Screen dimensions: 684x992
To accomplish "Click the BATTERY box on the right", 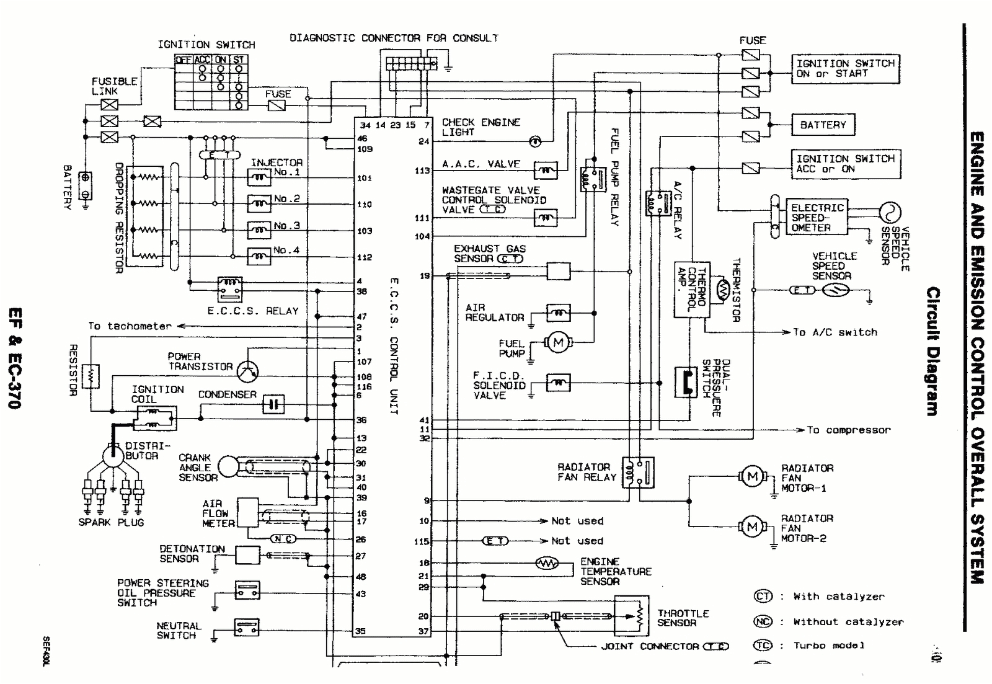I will pyautogui.click(x=823, y=125).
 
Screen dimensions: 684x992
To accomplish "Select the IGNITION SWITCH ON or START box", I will pyautogui.click(x=845, y=68).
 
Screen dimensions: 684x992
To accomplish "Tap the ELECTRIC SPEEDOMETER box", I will pyautogui.click(x=817, y=217).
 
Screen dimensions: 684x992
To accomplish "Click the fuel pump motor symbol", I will pyautogui.click(x=558, y=342).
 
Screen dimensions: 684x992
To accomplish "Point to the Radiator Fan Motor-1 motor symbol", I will pyautogui.click(x=753, y=476).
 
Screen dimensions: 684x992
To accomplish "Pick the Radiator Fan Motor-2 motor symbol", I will pyautogui.click(x=753, y=526).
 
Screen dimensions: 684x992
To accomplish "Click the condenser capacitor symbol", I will pyautogui.click(x=273, y=405).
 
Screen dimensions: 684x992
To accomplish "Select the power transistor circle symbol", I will pyautogui.click(x=248, y=370).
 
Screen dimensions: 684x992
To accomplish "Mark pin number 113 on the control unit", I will pyautogui.click(x=422, y=171).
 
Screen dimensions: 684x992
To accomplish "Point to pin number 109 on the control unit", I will pyautogui.click(x=365, y=149).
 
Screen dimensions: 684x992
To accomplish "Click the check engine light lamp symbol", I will pyautogui.click(x=535, y=141).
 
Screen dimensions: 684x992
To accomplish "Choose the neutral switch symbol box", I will pyautogui.click(x=247, y=627).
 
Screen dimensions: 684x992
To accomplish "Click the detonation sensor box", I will pyautogui.click(x=247, y=555).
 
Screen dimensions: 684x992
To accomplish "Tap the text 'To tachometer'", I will pyautogui.click(x=130, y=326).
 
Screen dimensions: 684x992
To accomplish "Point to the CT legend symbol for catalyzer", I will pyautogui.click(x=763, y=596).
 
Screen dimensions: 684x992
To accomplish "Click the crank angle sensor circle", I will pyautogui.click(x=228, y=466).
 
